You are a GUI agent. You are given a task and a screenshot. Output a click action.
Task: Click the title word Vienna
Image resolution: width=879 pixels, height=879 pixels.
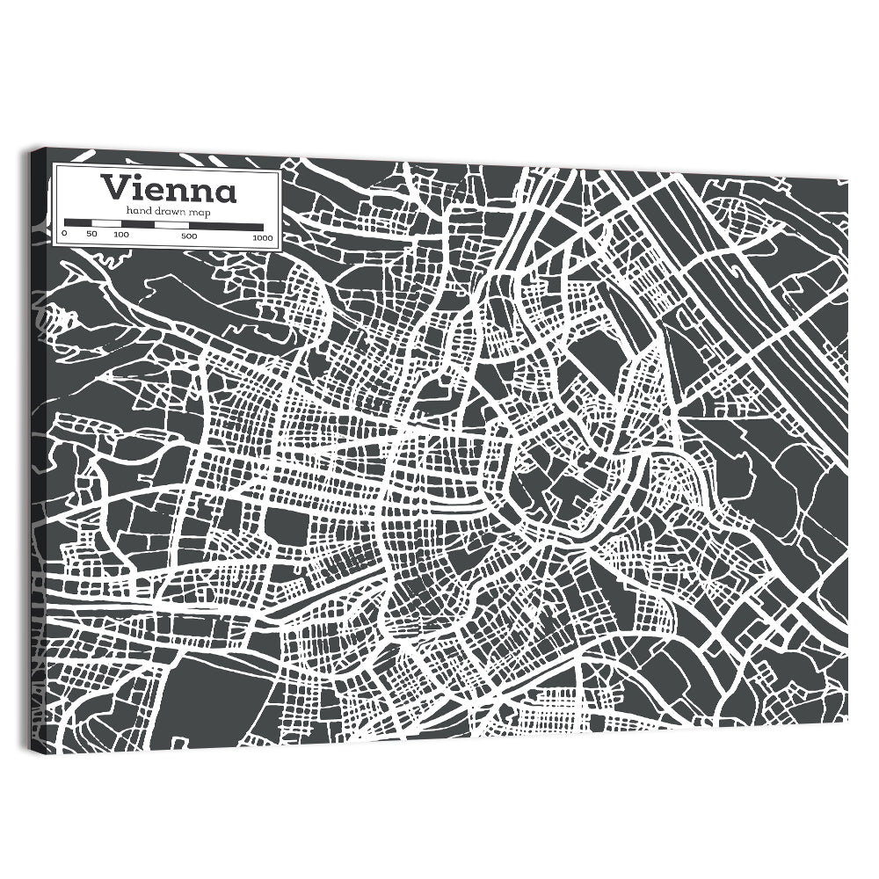(168, 189)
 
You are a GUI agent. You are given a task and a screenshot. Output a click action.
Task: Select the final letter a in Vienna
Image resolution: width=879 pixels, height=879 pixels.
(225, 192)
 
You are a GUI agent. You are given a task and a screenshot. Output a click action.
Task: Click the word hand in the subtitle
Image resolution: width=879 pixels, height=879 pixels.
(138, 212)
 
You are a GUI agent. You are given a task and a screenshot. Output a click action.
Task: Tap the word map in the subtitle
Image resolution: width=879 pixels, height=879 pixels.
(200, 213)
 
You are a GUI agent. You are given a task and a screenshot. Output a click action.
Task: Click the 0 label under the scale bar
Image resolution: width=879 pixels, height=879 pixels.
(64, 235)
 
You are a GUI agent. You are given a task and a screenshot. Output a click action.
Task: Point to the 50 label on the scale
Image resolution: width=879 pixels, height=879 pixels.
(91, 235)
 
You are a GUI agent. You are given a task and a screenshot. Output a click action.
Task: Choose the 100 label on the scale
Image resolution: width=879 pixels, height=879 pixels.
(120, 235)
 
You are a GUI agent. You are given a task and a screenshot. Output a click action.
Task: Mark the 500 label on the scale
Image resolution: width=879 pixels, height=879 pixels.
(189, 236)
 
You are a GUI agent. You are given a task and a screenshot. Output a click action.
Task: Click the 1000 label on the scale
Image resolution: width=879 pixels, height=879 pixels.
(262, 237)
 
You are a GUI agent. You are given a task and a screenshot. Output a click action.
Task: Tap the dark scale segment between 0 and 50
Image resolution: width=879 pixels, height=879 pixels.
(77, 223)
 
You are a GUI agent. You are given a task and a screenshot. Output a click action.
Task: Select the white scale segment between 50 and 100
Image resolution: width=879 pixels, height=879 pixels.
(105, 223)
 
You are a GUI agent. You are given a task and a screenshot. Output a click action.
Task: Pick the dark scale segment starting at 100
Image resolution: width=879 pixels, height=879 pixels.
(138, 224)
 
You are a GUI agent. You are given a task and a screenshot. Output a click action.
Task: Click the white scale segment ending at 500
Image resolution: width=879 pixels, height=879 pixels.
(172, 225)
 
